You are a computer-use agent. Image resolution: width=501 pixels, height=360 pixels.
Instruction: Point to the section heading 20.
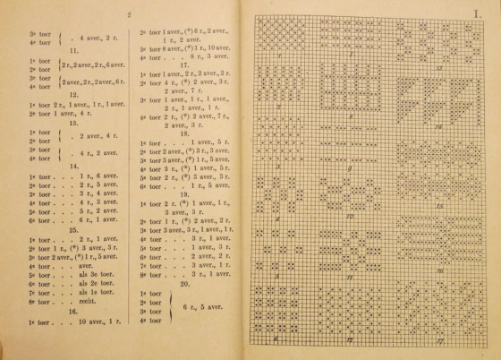point(184,283)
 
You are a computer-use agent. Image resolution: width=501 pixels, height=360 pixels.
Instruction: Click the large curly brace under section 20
point(170,306)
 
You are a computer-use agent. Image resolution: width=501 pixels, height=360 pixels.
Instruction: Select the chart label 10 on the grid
point(351,216)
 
